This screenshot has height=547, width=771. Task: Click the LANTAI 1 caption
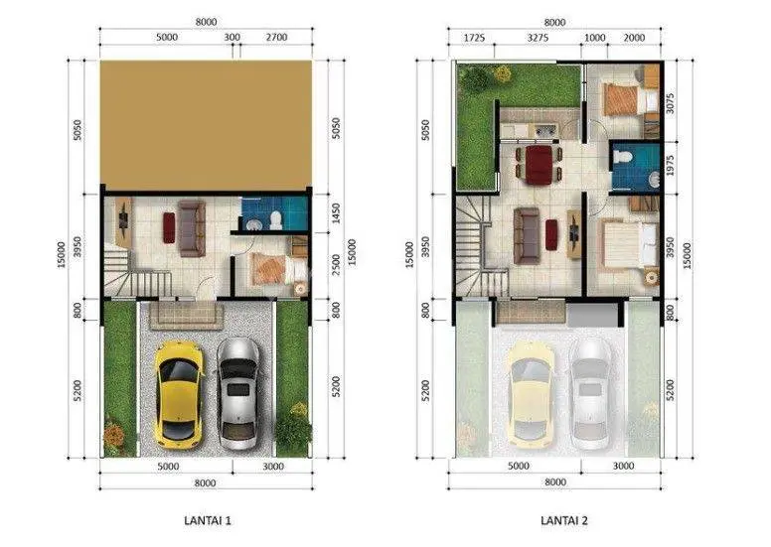click(x=208, y=520)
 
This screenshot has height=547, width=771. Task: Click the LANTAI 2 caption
click(x=564, y=520)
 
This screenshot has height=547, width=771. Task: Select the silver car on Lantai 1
click(x=238, y=393)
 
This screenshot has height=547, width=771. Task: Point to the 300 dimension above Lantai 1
click(x=232, y=38)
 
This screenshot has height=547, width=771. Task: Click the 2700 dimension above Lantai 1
click(x=276, y=38)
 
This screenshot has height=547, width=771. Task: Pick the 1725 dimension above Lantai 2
click(x=474, y=38)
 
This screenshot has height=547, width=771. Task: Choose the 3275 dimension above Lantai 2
click(x=538, y=38)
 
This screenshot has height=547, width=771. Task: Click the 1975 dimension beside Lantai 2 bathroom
click(x=670, y=166)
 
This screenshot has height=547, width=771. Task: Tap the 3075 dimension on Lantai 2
click(x=670, y=103)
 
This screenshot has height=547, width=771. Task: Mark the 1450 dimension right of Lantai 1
click(x=336, y=213)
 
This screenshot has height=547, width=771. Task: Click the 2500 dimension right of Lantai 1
click(x=336, y=265)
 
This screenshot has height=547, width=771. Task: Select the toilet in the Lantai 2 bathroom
click(x=622, y=156)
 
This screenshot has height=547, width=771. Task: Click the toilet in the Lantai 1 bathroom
click(x=276, y=220)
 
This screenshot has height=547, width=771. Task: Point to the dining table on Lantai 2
click(x=538, y=164)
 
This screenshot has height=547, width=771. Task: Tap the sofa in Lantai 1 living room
click(x=192, y=228)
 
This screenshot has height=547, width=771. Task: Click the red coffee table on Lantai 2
click(x=551, y=234)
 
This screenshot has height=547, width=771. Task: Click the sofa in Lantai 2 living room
click(x=527, y=236)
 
